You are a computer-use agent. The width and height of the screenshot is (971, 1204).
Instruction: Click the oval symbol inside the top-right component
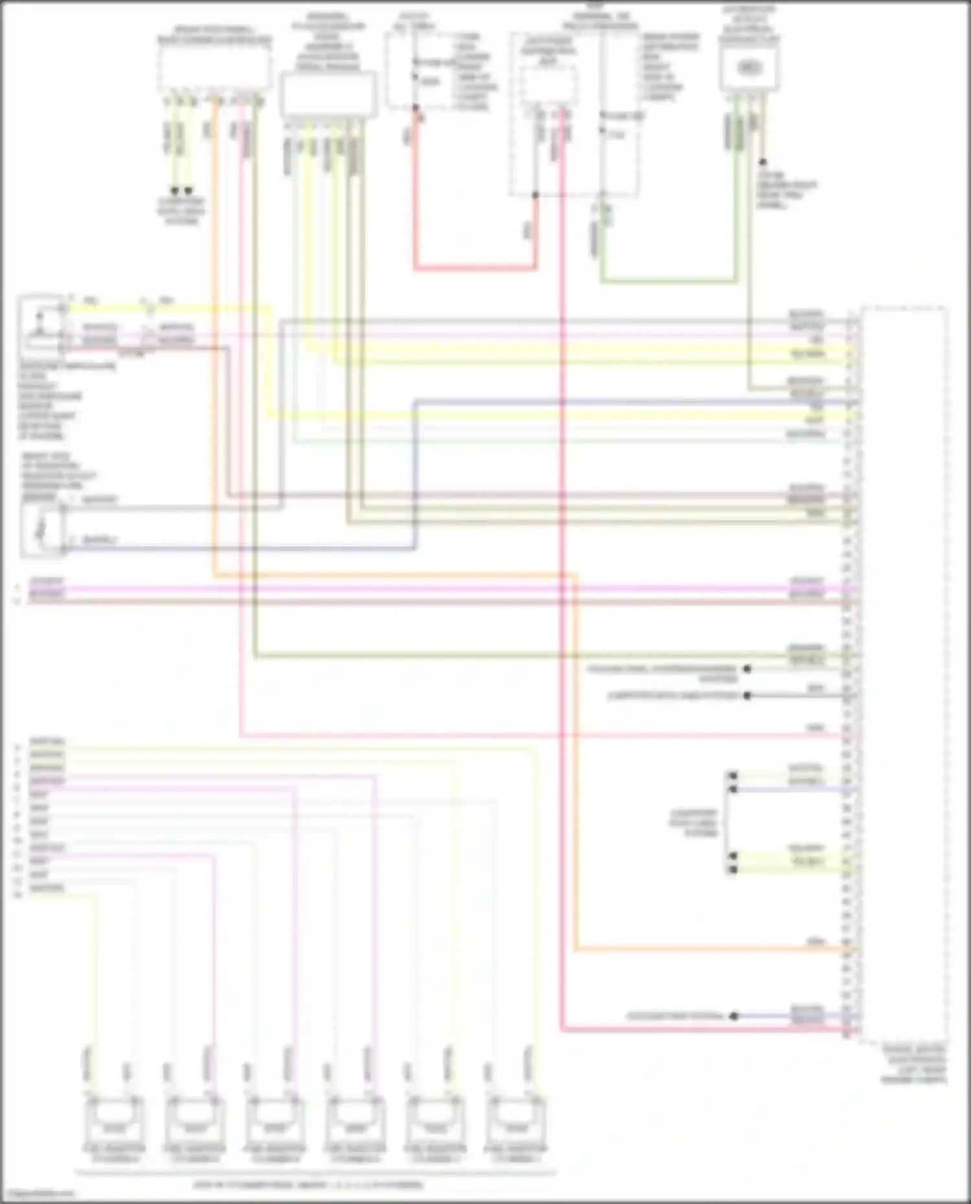pos(749,67)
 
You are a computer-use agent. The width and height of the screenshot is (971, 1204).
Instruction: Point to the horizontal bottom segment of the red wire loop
pos(476,267)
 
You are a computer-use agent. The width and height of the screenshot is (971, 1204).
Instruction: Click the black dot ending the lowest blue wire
pos(734,1016)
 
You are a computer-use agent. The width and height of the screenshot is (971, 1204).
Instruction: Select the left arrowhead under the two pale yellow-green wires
pos(174,191)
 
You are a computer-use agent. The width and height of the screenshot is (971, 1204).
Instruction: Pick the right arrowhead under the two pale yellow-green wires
pos(188,191)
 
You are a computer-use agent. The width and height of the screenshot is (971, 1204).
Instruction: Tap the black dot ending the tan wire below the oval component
pos(763,162)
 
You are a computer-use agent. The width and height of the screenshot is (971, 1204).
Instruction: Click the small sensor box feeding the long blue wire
pos(43,529)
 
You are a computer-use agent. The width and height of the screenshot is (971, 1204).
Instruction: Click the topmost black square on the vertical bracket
pos(733,775)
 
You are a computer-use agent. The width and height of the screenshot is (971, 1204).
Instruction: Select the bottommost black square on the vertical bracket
pos(733,870)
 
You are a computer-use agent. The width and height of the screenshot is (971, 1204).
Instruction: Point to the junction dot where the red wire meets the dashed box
pos(535,195)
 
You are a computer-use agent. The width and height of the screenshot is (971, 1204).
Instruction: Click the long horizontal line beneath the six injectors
pos(315,1171)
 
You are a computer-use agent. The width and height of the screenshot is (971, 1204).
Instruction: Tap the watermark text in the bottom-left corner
pos(38,1194)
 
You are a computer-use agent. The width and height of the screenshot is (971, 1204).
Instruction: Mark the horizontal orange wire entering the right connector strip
pos(712,950)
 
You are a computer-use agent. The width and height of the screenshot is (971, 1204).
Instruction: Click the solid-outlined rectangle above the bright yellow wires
pos(328,94)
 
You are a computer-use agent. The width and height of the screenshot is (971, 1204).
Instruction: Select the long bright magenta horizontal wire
pos(440,589)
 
